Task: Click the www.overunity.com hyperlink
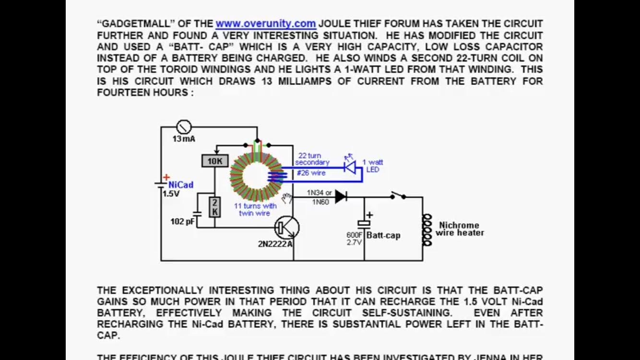[x=265, y=24]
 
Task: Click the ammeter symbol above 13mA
[x=184, y=127]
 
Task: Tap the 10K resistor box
[x=214, y=161]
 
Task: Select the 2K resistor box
[x=214, y=206]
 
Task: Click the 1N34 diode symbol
[x=341, y=196]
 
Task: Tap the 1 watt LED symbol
[x=350, y=167]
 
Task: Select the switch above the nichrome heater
[x=398, y=195]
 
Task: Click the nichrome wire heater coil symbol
[x=426, y=230]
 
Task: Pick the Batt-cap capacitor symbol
[x=364, y=223]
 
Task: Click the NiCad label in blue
[x=181, y=185]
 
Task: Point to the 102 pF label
[x=182, y=222]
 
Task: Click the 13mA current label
[x=184, y=139]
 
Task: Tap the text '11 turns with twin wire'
[x=255, y=209]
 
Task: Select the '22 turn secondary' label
[x=312, y=159]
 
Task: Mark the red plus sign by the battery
[x=166, y=178]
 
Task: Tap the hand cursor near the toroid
[x=287, y=197]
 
